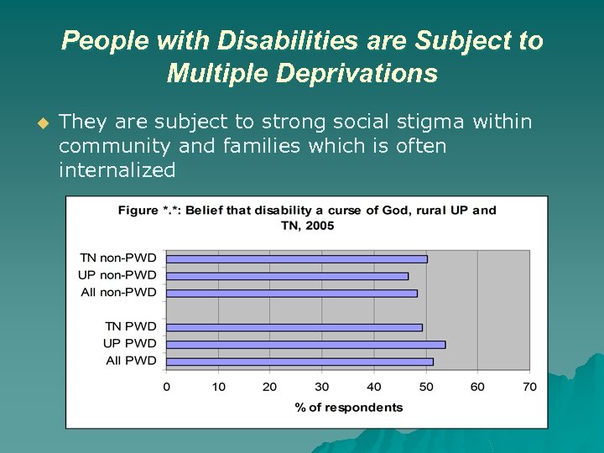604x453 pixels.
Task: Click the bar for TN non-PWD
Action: tap(296, 258)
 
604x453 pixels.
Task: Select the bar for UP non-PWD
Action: tap(287, 276)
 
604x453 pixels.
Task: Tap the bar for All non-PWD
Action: tap(291, 293)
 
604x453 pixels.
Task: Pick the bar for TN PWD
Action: tap(294, 327)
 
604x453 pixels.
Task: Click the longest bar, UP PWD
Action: tap(305, 344)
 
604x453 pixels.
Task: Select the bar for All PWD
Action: tap(299, 362)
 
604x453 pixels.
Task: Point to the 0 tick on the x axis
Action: tap(166, 387)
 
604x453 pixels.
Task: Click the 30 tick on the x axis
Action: tap(322, 387)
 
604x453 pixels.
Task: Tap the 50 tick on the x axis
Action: tap(425, 387)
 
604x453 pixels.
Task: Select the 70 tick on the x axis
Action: tap(529, 387)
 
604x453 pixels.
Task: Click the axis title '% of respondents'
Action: tap(348, 408)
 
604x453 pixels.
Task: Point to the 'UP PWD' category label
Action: tap(130, 344)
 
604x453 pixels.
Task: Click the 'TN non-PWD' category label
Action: tap(118, 258)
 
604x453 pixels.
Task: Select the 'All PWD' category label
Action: tap(131, 361)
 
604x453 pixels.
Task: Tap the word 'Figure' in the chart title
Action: tap(137, 210)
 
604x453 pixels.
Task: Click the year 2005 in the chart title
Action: tap(319, 225)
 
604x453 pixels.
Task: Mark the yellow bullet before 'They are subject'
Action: tap(44, 123)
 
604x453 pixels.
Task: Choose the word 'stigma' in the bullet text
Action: tap(435, 122)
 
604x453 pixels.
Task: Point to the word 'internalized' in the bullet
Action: tap(117, 170)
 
